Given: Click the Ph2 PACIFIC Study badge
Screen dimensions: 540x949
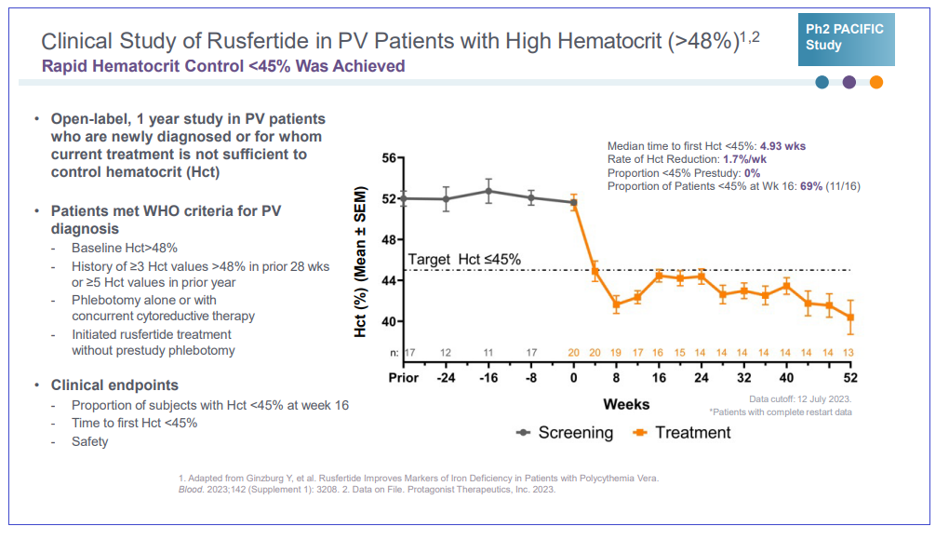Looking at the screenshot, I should [x=846, y=38].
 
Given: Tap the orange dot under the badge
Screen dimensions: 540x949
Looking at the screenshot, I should [x=875, y=82].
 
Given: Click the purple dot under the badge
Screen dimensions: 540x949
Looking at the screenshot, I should [x=849, y=82].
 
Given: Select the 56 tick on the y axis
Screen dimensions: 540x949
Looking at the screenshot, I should [x=389, y=158].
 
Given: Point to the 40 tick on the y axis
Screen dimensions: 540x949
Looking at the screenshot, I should [x=389, y=322].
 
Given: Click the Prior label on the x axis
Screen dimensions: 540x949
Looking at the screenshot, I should [x=403, y=378].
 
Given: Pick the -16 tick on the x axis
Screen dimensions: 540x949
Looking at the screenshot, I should [x=488, y=378].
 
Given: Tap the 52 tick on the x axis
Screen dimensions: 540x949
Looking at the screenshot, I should [x=849, y=378].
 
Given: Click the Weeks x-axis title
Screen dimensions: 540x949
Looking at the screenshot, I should [x=626, y=404].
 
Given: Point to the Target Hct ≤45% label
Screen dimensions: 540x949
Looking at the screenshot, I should [x=464, y=259].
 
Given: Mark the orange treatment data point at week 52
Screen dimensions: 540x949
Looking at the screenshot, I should [x=849, y=317].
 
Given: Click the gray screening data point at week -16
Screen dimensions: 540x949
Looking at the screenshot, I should [x=488, y=191].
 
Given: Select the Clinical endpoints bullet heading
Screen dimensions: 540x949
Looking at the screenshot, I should [x=114, y=385].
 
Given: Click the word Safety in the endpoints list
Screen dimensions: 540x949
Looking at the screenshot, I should [x=90, y=441].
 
